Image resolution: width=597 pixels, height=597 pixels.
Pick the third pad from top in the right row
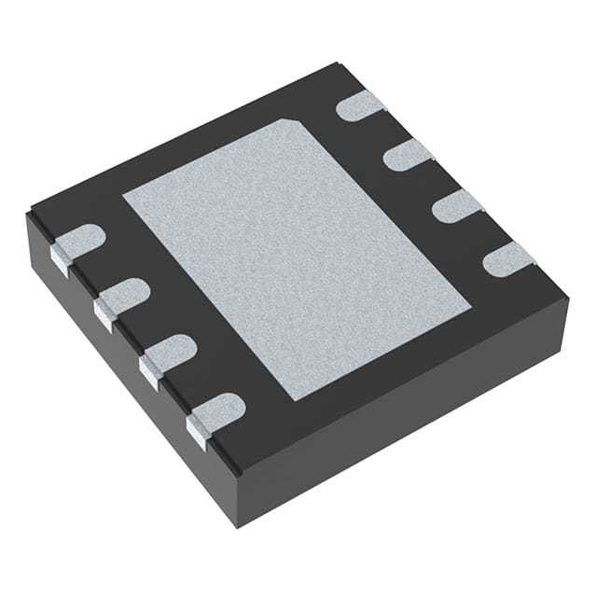[454, 204]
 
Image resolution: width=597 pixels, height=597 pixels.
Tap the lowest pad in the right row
[507, 257]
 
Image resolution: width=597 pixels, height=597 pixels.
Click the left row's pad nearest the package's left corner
[76, 243]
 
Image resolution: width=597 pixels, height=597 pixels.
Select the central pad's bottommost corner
[297, 399]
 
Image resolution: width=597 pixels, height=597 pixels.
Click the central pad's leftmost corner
[124, 197]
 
